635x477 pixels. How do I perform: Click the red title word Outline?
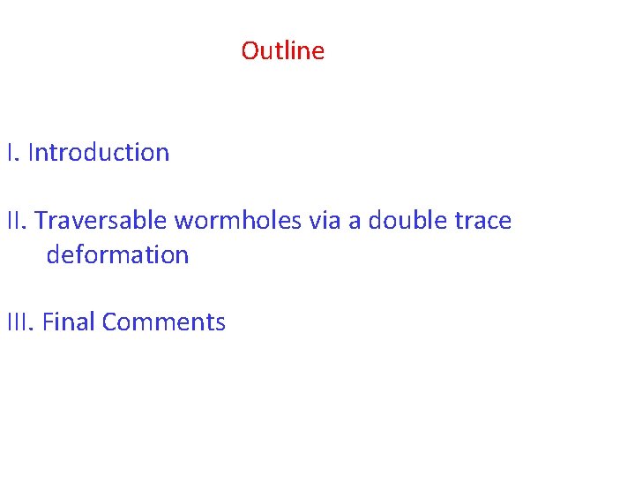click(282, 51)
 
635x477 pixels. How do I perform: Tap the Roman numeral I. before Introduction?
click(12, 153)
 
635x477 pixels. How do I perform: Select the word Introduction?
click(99, 153)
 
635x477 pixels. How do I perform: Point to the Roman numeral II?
click(17, 221)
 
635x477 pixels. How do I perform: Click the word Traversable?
click(101, 221)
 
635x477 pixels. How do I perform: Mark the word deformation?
click(117, 255)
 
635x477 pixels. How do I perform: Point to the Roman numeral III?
click(20, 322)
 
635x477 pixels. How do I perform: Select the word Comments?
click(164, 322)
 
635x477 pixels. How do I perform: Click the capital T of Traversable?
click(41, 221)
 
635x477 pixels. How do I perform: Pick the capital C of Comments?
click(109, 322)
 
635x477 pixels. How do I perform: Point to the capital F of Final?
click(47, 322)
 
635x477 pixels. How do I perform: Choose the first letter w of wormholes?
click(183, 222)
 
